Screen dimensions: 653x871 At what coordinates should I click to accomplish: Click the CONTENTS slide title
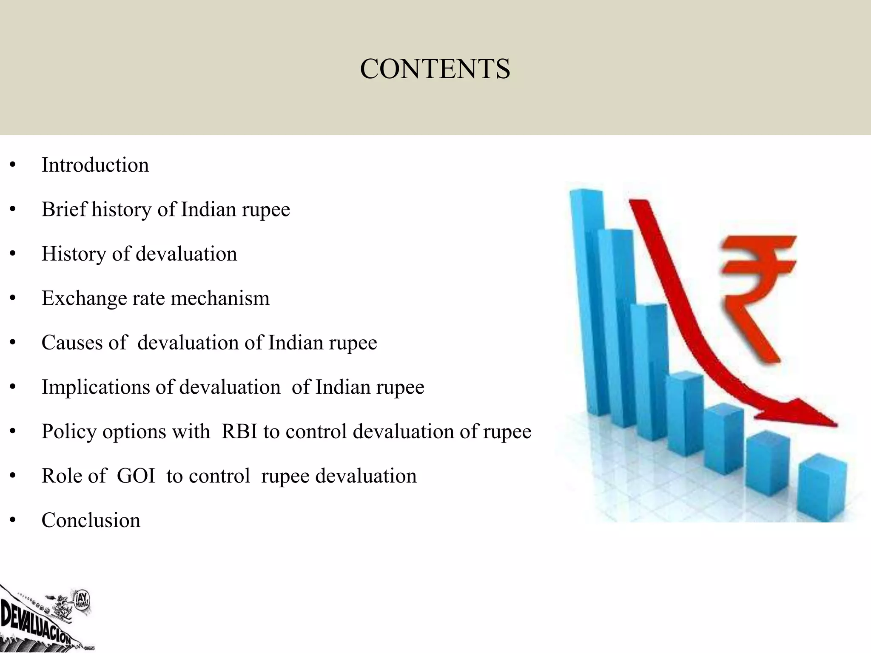(x=435, y=69)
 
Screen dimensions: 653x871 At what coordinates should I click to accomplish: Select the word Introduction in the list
(x=95, y=165)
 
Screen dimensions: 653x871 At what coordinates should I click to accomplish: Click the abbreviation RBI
(x=239, y=432)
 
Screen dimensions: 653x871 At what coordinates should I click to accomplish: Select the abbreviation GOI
(x=136, y=476)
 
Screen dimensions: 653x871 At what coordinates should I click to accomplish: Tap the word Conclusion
(x=91, y=520)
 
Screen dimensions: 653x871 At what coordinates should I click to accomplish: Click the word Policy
(x=69, y=432)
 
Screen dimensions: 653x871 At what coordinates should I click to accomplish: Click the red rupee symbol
(x=755, y=293)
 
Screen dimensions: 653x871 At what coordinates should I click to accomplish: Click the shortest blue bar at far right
(x=822, y=489)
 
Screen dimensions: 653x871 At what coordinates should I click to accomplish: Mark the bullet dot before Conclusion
(x=13, y=520)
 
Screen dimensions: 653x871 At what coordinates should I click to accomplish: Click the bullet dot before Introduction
(x=13, y=165)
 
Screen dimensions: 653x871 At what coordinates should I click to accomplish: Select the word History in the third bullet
(x=74, y=254)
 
